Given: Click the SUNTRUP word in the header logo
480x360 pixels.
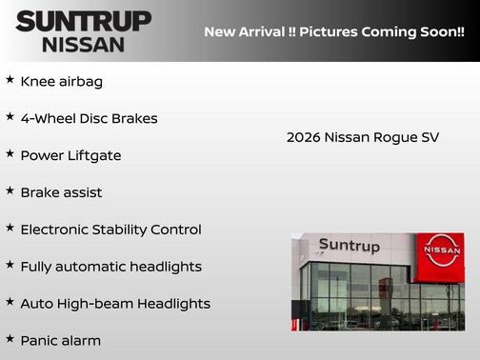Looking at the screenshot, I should (84, 21).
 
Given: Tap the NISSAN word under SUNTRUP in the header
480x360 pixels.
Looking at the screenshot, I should (83, 44).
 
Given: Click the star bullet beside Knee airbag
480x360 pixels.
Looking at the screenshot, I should (10, 81).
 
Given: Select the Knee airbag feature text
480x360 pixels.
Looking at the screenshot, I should (61, 82).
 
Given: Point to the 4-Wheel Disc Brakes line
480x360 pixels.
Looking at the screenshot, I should (89, 119).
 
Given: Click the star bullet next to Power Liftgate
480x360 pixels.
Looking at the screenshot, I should (10, 154).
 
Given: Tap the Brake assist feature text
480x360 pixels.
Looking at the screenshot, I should (61, 192).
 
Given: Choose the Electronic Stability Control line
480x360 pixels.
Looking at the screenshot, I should (110, 230).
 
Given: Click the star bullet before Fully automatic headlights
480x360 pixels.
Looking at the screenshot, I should (10, 266).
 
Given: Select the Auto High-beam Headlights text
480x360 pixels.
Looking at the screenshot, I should (114, 304).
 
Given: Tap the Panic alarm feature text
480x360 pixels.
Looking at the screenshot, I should (60, 340).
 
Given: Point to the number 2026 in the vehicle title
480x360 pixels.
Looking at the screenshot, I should (303, 137).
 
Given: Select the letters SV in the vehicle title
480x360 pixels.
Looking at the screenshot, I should (430, 137).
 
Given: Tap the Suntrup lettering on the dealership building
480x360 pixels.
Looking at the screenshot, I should (349, 246).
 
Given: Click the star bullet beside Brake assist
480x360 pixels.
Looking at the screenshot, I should (10, 191).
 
